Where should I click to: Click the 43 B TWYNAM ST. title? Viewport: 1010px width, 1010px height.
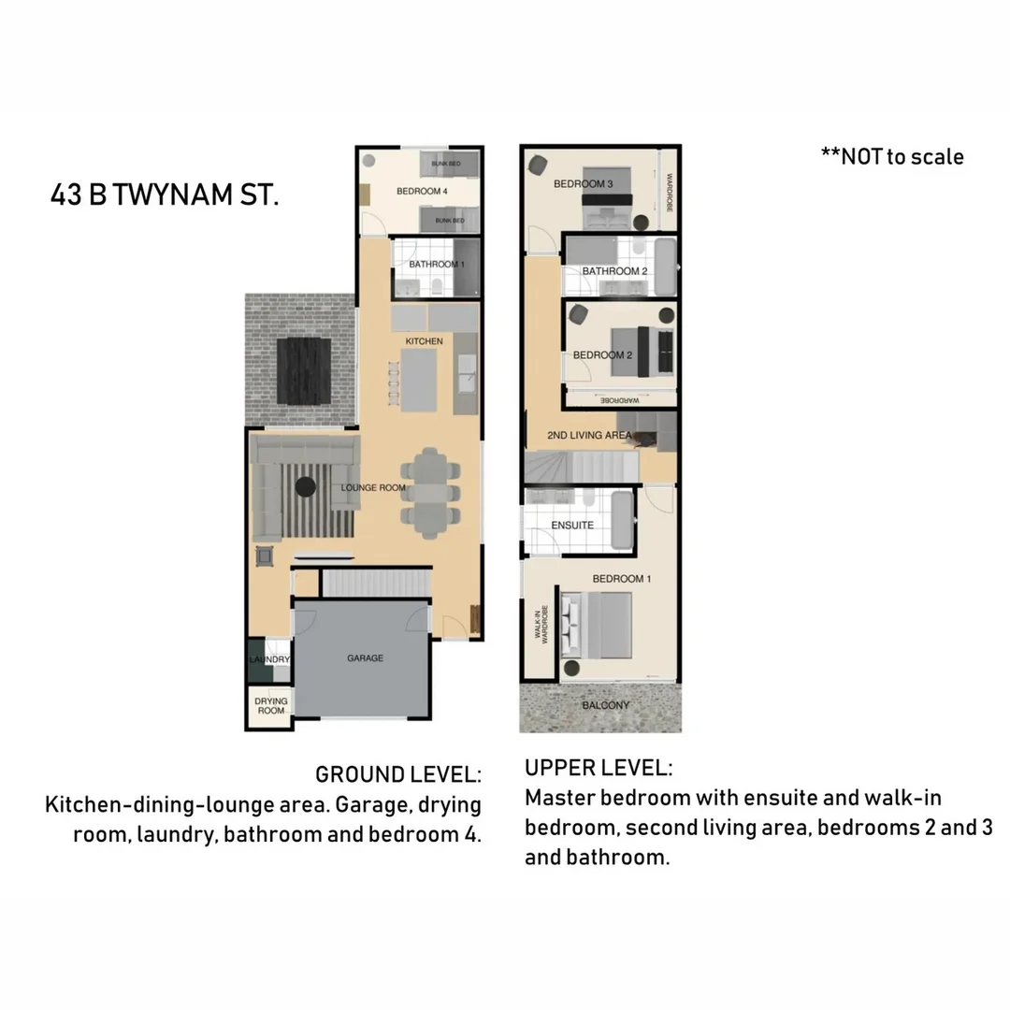165,195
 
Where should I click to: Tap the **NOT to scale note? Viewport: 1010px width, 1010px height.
892,156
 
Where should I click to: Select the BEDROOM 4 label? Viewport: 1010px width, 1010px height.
422,192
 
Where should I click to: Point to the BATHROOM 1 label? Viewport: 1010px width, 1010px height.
437,264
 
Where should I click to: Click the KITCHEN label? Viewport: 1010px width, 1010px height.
424,341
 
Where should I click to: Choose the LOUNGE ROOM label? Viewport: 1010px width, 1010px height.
373,487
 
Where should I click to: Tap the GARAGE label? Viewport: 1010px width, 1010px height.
366,657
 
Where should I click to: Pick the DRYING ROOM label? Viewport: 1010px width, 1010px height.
270,705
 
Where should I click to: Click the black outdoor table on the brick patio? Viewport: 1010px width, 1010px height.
304,371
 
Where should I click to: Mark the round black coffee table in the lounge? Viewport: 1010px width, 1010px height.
305,486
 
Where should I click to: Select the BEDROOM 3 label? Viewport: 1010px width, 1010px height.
584,183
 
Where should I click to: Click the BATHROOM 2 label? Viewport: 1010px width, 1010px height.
615,271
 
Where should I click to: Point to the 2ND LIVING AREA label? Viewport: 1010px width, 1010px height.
589,436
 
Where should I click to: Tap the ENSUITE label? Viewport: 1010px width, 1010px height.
572,525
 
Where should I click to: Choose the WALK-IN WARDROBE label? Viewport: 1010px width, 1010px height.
541,624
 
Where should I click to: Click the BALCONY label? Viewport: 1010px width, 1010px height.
606,705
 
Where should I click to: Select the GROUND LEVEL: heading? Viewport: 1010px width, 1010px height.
398,774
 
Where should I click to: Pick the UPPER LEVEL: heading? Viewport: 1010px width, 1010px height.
599,768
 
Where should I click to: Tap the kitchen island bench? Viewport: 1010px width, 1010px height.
419,380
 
